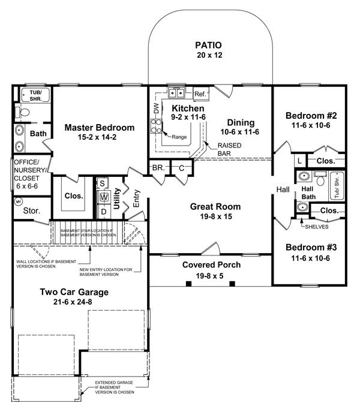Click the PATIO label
[x=208, y=45]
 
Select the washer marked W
[x=104, y=197]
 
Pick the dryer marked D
[x=104, y=212]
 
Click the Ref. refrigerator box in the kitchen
[x=201, y=94]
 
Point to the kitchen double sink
[x=176, y=92]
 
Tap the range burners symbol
[x=156, y=126]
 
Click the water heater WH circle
[x=19, y=202]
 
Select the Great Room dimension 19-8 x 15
[x=216, y=216]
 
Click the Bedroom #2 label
[x=311, y=115]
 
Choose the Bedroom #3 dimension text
[x=310, y=258]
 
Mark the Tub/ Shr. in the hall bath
[x=337, y=186]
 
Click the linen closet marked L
[x=300, y=161]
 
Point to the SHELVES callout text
[x=317, y=227]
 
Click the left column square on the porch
[x=188, y=284]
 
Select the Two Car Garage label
[x=74, y=292]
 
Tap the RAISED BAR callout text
[x=229, y=149]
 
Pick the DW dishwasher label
[x=156, y=109]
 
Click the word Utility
[x=116, y=199]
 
